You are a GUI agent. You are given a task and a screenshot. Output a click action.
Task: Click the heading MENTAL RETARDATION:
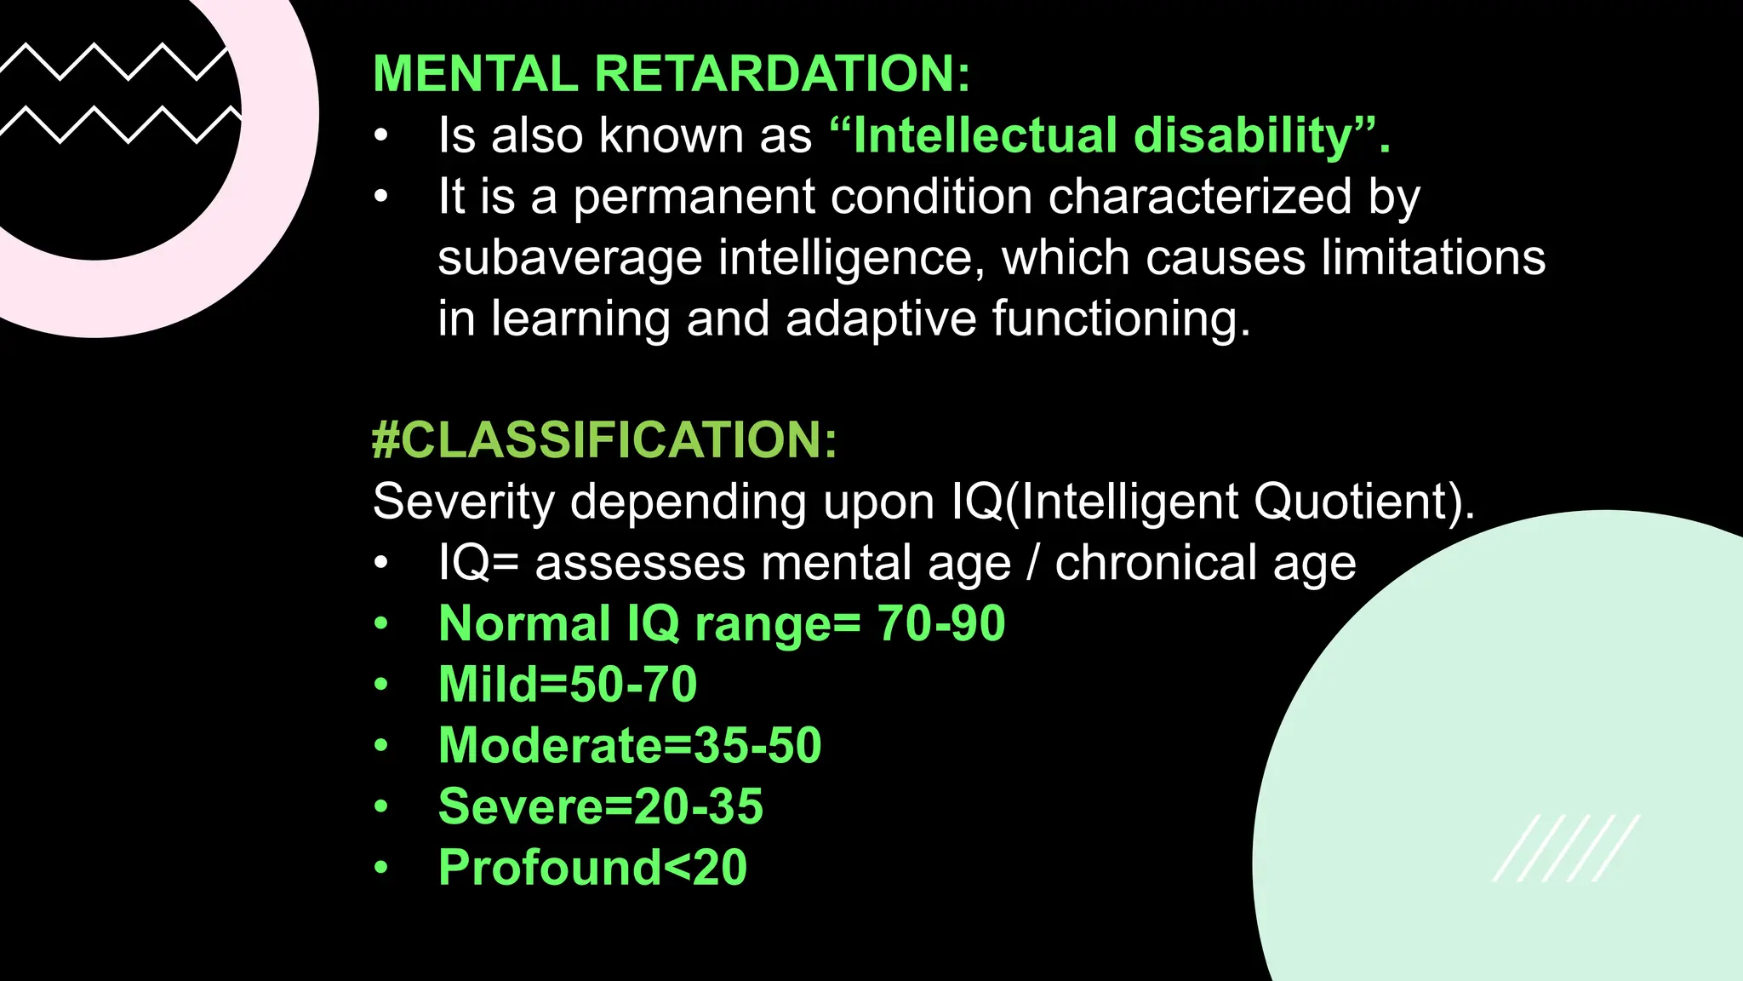(671, 73)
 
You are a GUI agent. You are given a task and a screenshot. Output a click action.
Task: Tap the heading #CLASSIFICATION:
(604, 440)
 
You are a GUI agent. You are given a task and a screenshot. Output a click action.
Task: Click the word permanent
(694, 197)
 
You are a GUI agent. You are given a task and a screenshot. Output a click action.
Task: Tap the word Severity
(464, 502)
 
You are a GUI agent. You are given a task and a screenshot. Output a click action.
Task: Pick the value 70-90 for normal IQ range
(940, 623)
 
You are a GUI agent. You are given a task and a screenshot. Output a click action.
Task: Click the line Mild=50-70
(568, 685)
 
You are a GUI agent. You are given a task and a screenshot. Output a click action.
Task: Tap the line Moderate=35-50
(630, 746)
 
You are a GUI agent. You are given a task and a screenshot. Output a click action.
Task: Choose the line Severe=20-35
(601, 806)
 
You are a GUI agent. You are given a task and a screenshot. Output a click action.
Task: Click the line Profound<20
(592, 868)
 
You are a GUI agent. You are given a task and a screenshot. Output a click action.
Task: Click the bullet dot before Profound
(381, 869)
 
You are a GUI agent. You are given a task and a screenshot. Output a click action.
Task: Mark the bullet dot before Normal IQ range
(381, 624)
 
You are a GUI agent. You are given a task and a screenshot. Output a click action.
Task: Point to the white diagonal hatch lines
(1566, 848)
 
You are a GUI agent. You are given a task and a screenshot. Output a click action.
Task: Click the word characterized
(1200, 197)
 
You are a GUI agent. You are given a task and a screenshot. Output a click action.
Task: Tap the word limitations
(1433, 258)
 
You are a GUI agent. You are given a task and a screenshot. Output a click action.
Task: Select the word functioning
(1121, 319)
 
